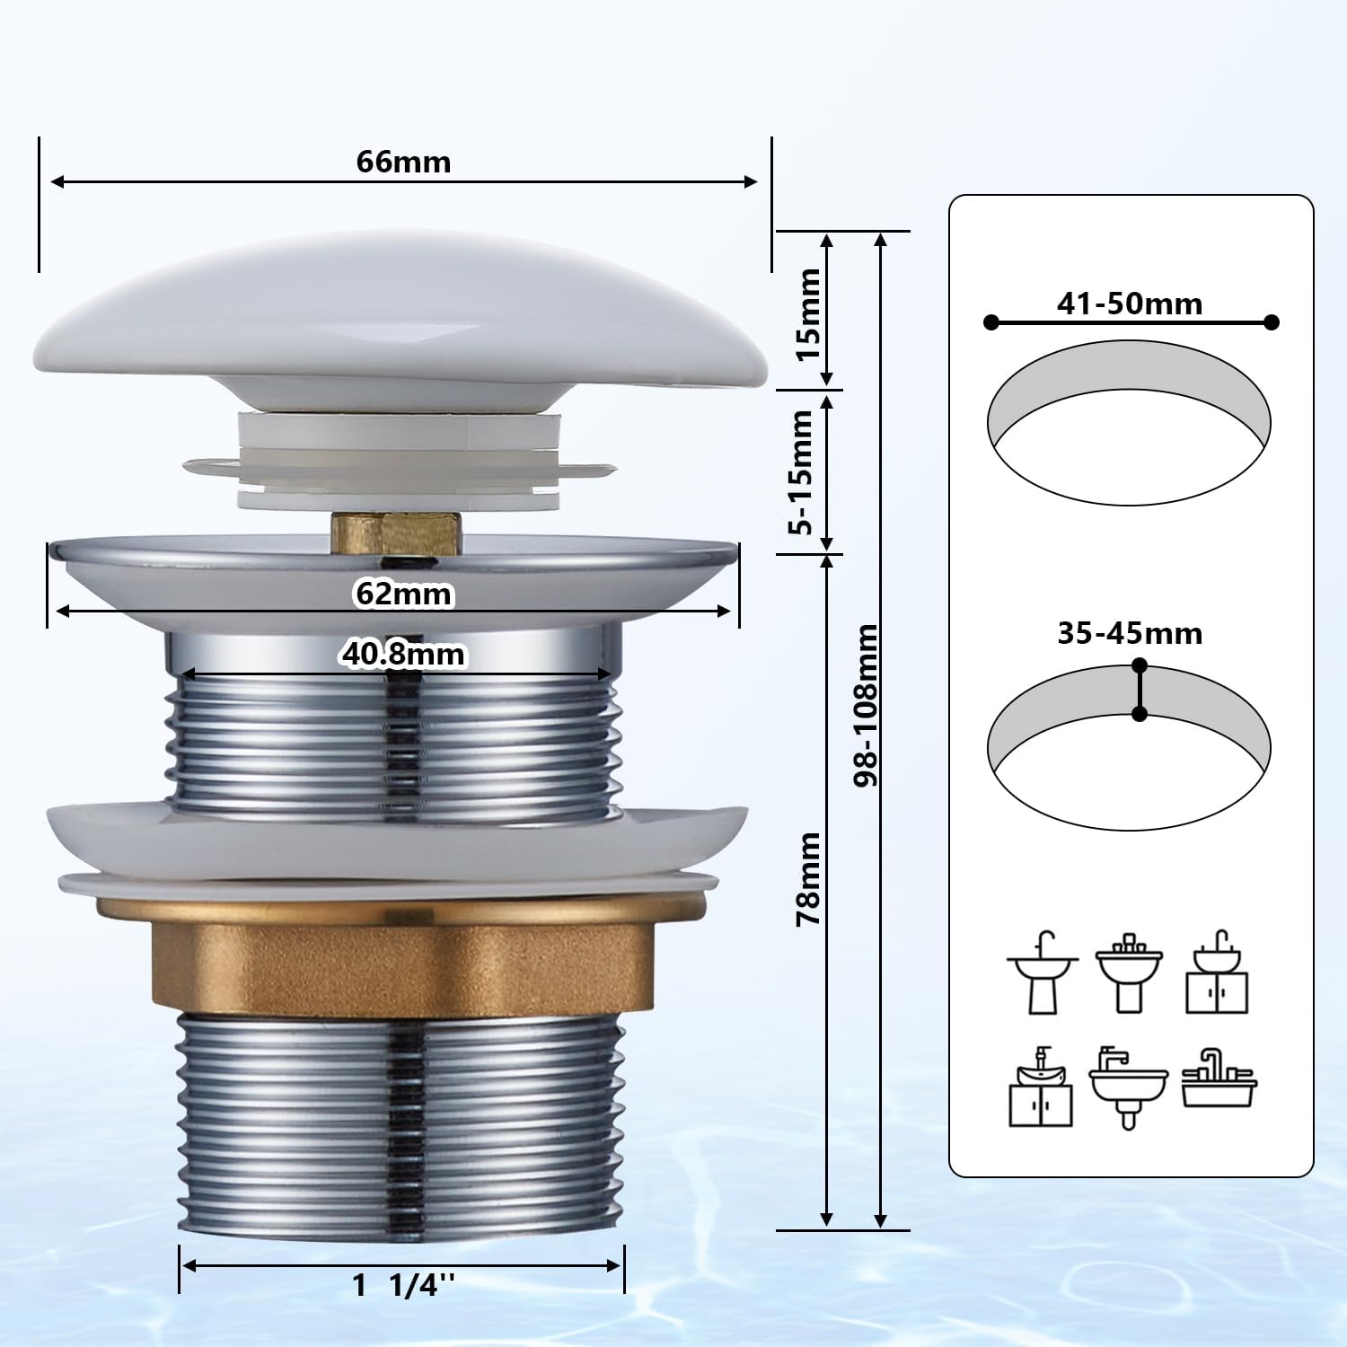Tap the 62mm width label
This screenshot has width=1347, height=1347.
click(x=403, y=594)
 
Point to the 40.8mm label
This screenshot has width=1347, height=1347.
click(x=403, y=654)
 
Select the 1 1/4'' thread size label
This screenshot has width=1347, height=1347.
click(x=404, y=1286)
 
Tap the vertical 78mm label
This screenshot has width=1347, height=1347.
click(x=808, y=879)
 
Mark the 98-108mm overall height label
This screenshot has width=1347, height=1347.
click(x=866, y=706)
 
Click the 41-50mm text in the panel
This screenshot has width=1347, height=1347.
click(x=1130, y=304)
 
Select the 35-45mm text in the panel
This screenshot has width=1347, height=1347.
click(x=1130, y=633)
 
